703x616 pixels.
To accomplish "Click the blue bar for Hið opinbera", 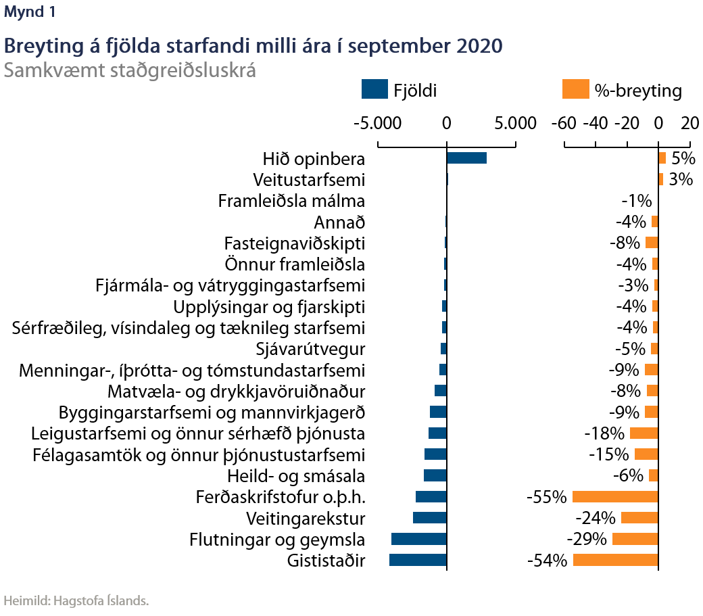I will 466,158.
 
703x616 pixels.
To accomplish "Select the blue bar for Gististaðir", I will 418,560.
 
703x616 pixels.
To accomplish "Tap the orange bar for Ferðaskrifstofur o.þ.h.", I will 615,496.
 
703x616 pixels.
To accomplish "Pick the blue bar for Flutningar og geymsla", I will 419,539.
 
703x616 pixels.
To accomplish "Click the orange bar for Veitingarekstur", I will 639,517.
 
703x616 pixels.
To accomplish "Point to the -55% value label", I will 546,497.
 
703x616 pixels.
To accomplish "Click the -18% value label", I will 604,433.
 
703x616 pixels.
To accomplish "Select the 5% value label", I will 683,158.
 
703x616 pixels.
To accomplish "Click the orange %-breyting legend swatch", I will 575,89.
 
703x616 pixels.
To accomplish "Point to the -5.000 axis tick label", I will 378,124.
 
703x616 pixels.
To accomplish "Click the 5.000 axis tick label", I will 515,124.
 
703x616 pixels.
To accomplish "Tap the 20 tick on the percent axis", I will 689,124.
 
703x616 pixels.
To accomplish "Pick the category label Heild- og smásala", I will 296,475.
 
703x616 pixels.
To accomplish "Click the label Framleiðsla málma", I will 291,201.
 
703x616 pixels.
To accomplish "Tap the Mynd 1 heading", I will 30,11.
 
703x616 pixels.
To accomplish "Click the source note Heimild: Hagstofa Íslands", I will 76,600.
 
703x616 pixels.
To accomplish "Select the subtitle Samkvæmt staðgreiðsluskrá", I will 130,70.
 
